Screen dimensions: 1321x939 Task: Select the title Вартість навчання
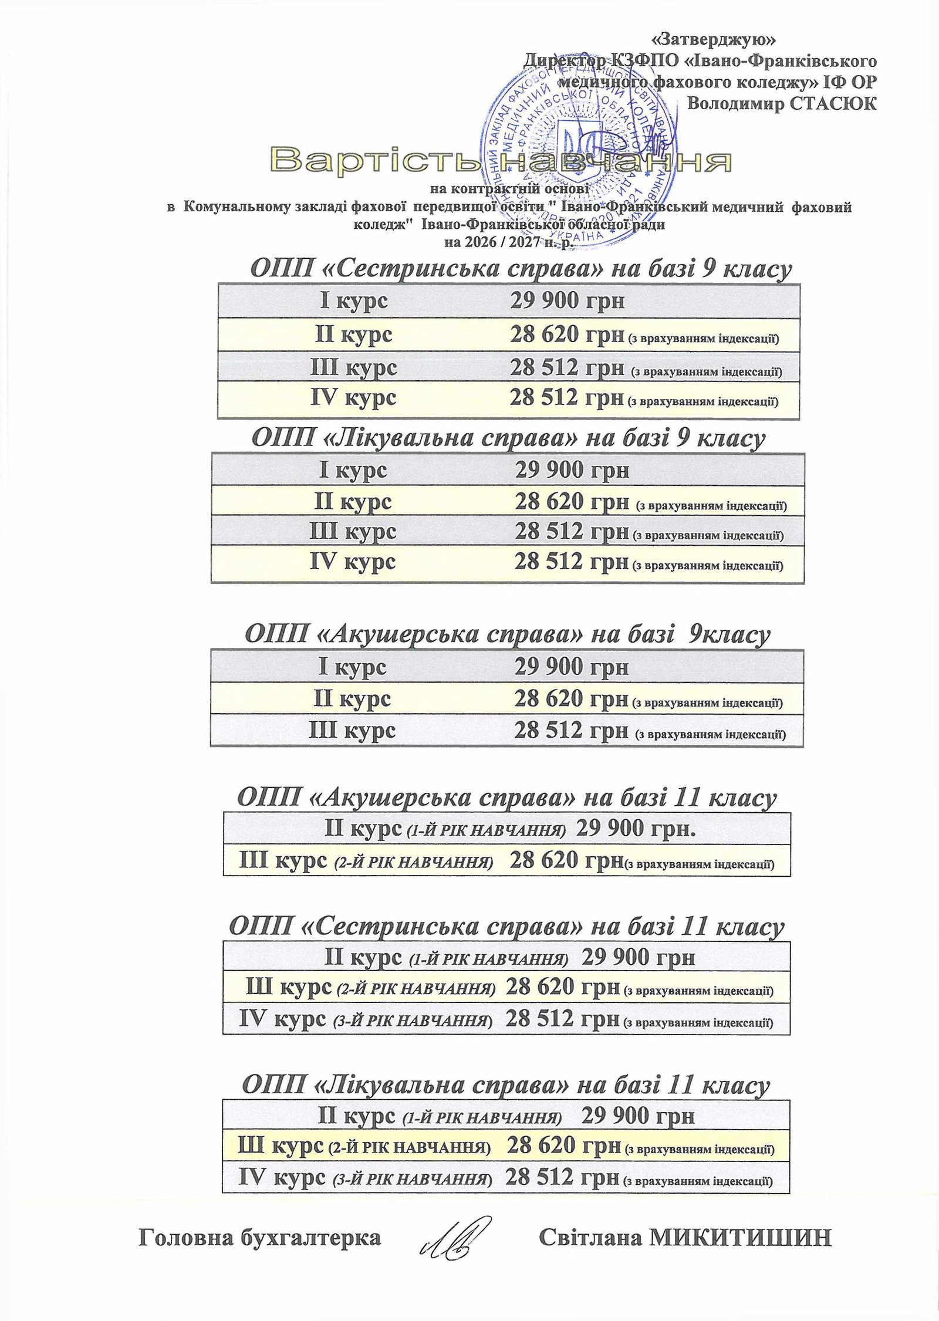[501, 161]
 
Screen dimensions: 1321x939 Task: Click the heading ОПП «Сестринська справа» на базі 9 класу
[521, 269]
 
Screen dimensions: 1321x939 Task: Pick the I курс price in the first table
[567, 301]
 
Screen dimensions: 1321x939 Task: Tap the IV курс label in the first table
[353, 398]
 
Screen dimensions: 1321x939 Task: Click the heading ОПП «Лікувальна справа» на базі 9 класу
[508, 438]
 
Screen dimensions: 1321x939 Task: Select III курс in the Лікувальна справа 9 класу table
[353, 531]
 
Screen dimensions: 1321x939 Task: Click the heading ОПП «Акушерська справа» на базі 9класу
[507, 634]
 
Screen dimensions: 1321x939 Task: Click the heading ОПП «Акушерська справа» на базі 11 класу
[507, 798]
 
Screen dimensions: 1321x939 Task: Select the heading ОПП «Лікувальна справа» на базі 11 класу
[505, 1086]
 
